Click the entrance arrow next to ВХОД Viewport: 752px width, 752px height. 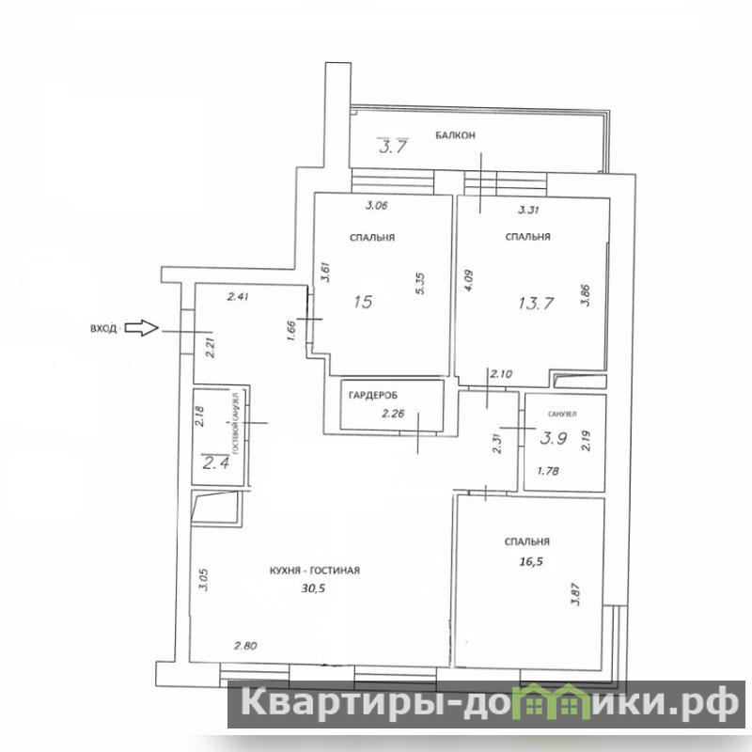[142, 328]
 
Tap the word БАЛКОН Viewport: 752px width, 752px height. [455, 135]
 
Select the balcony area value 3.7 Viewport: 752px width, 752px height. [393, 146]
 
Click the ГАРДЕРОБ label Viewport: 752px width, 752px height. [373, 396]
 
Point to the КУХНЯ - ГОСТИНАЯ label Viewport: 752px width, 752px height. [315, 571]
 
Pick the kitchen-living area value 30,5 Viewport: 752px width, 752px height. [313, 587]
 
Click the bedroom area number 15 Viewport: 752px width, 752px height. [363, 302]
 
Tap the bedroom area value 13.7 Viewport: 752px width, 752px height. [536, 303]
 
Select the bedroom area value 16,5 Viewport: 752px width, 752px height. [531, 561]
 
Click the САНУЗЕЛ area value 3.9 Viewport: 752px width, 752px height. [554, 438]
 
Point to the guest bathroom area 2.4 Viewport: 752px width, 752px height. [216, 462]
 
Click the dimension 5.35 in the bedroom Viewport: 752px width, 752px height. [420, 284]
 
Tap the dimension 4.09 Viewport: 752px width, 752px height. [469, 280]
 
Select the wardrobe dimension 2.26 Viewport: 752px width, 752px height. [393, 413]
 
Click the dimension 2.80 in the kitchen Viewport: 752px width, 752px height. [245, 646]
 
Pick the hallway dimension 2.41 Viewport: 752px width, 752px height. [238, 297]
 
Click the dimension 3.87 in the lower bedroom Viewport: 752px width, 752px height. [576, 594]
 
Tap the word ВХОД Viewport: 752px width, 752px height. [103, 329]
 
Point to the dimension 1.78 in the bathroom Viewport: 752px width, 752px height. [548, 471]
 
